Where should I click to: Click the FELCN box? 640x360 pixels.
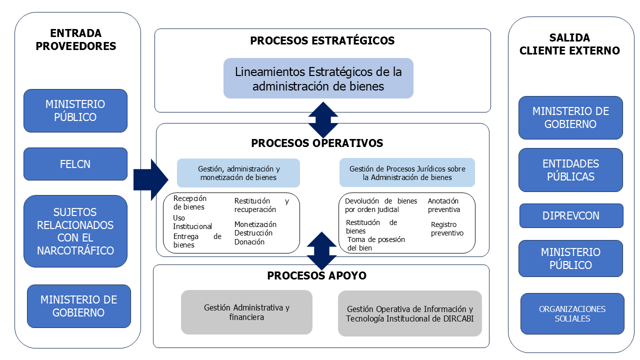(x=75, y=164)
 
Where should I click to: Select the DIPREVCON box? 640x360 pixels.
(x=571, y=215)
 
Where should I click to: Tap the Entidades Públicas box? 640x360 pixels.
(x=570, y=170)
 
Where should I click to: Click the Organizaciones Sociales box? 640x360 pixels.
(x=572, y=313)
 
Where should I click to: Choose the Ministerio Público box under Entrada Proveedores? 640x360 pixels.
(x=75, y=110)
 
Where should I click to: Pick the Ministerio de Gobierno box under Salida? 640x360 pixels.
(x=570, y=117)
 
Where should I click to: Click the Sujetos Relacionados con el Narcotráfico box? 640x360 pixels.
(x=75, y=231)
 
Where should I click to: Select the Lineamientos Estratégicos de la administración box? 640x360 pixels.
(x=318, y=78)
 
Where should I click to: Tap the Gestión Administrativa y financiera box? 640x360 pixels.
(x=246, y=312)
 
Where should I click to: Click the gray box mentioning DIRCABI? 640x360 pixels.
(x=409, y=313)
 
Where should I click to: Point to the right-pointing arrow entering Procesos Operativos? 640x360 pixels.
(x=151, y=179)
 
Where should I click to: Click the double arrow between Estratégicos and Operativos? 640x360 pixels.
(x=323, y=120)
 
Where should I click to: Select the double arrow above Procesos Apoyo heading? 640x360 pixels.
(x=321, y=251)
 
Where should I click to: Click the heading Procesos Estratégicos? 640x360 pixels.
(x=322, y=40)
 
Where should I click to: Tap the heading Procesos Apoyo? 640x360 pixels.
(x=316, y=275)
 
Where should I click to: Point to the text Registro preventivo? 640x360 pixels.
(x=447, y=229)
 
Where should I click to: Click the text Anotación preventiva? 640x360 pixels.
(x=443, y=205)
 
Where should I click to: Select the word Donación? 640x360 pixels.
(x=249, y=242)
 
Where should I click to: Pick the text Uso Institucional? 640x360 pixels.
(x=192, y=222)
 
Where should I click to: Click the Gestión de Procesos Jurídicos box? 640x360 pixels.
(x=407, y=172)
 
